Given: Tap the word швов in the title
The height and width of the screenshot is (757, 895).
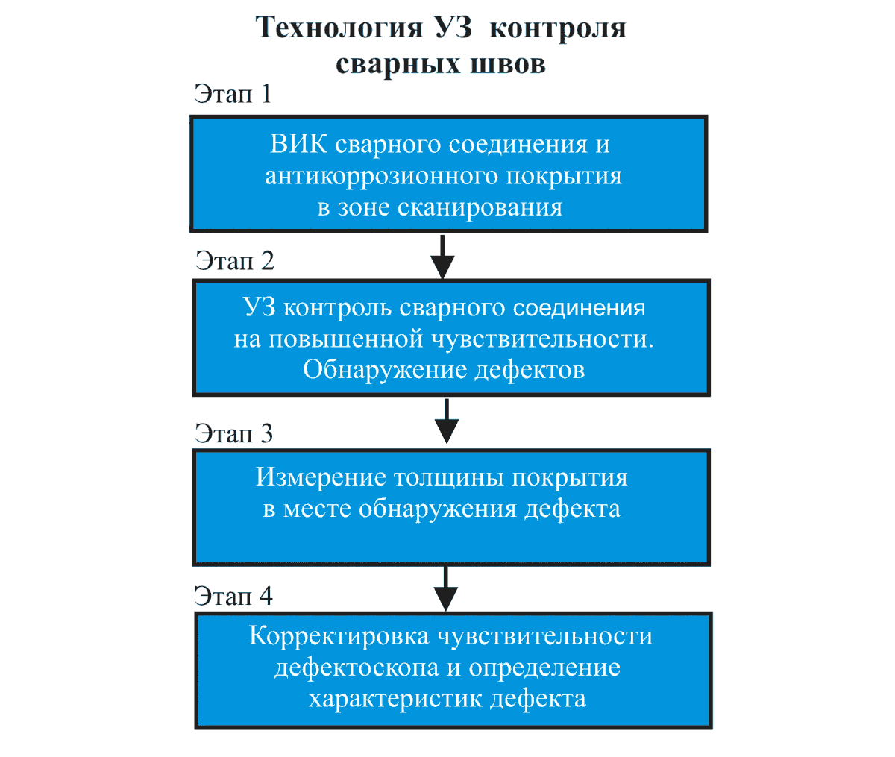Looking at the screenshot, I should [x=507, y=63].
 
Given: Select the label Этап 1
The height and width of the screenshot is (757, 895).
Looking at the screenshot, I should [x=233, y=94].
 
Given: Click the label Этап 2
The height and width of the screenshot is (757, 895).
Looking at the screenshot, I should [x=234, y=260].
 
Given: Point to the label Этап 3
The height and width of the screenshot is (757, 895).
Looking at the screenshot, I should [x=233, y=433].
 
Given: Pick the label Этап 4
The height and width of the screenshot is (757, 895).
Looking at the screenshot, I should [x=233, y=596].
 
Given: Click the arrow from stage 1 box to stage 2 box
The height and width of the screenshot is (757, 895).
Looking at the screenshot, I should [x=443, y=256].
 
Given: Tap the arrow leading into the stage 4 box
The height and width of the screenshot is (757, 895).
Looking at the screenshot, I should [x=445, y=588].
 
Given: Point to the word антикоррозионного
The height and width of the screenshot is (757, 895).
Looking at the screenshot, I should [x=381, y=176].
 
